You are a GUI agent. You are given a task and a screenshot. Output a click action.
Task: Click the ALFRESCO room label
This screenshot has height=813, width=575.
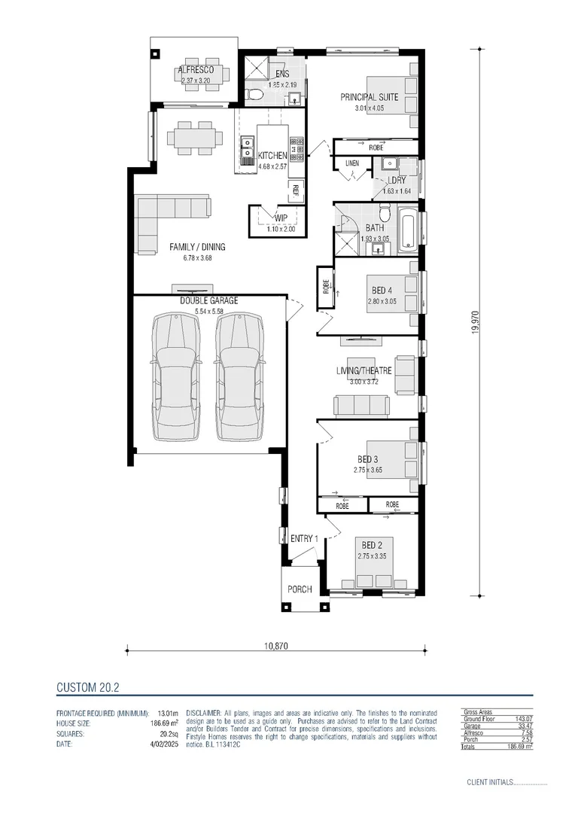click(196, 70)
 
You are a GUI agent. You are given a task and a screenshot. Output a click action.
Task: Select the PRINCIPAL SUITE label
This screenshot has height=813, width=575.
click(369, 97)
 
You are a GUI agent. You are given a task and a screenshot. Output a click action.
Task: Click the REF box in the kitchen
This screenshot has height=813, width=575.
click(297, 189)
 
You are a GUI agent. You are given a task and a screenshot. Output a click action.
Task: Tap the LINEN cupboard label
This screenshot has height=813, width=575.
click(351, 163)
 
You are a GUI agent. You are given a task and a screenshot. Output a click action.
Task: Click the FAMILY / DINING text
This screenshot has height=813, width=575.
click(197, 247)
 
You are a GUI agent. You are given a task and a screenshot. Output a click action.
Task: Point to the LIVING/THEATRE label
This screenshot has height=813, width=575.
click(364, 370)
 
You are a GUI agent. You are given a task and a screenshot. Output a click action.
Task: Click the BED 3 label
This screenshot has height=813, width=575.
click(368, 459)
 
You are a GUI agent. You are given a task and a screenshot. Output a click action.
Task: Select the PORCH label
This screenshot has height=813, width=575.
click(300, 589)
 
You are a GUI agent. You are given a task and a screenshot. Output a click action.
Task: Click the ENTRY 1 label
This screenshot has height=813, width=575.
click(305, 538)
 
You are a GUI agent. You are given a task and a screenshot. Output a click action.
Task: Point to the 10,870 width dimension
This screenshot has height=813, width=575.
click(276, 645)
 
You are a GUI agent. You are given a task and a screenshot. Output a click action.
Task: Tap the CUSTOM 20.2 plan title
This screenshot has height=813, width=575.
click(89, 687)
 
